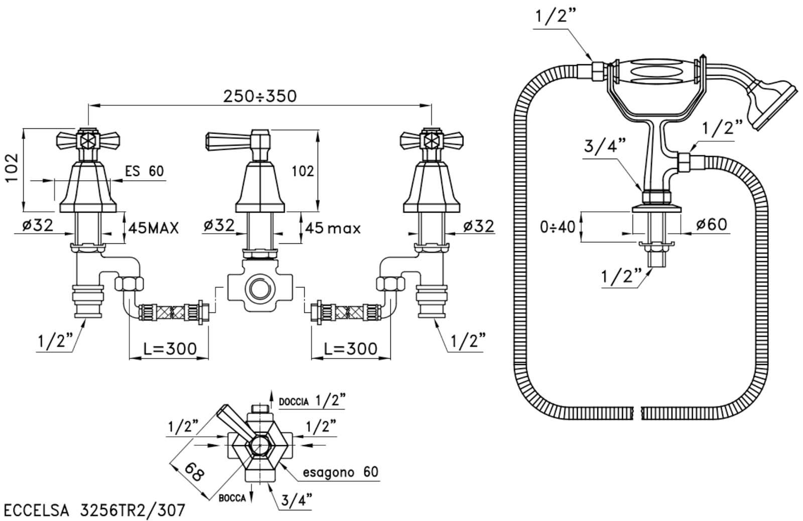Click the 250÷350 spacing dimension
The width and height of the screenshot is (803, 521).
(260, 96)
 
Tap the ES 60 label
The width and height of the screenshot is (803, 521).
(145, 171)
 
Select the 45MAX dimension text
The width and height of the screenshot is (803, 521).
(154, 228)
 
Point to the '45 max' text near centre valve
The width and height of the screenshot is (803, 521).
(333, 228)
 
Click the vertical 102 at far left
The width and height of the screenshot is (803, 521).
(12, 168)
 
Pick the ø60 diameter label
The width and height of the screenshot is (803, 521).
(712, 225)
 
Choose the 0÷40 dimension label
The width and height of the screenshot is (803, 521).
(558, 227)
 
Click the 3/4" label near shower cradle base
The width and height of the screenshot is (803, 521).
(605, 146)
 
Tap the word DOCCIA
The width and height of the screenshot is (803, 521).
(294, 402)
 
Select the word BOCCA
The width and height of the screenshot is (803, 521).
(232, 498)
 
